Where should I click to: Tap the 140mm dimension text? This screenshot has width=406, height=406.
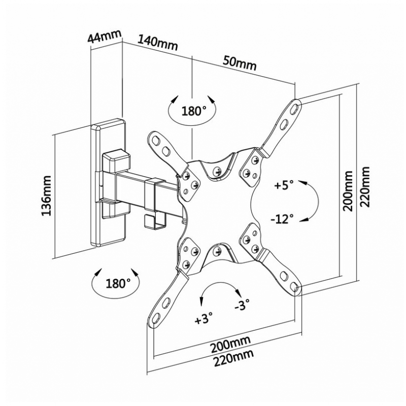click(158, 43)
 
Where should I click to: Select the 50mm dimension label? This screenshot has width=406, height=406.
click(240, 63)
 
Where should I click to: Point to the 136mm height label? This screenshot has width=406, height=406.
click(47, 196)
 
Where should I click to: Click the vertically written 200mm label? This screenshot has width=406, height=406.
click(348, 191)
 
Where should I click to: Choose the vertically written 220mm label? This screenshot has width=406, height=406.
click(365, 186)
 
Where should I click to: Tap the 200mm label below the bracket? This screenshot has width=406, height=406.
click(231, 345)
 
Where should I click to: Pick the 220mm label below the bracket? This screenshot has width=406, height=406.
click(233, 359)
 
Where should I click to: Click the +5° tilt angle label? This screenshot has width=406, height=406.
click(284, 185)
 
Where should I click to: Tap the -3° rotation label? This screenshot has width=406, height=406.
click(242, 305)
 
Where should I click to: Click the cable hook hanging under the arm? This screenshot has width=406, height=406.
click(155, 221)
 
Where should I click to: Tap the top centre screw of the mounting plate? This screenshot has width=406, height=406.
click(217, 171)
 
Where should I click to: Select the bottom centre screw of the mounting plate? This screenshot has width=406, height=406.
click(217, 251)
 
